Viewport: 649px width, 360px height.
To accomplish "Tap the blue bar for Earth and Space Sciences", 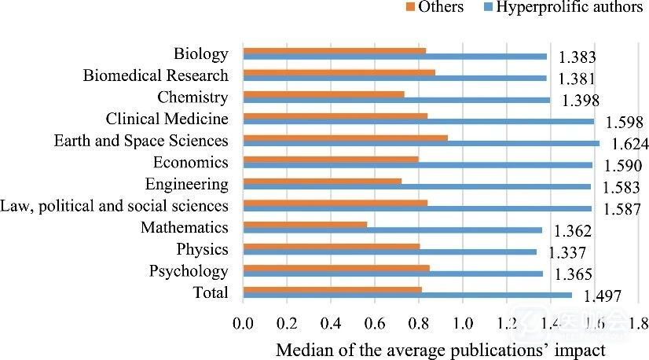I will coord(421,143).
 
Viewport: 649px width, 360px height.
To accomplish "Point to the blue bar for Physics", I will coord(390,252).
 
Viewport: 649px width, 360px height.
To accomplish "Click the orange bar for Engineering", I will coord(322,181).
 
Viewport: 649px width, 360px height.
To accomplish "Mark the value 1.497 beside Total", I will coord(603,296).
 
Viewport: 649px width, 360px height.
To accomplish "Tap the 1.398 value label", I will coord(581,101).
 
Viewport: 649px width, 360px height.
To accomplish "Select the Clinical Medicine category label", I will coord(167,119).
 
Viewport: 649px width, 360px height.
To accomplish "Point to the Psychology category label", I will coord(189,271).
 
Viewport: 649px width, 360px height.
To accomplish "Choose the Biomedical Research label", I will coord(156,76).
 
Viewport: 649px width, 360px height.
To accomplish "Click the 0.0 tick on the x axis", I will coord(243,322).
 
